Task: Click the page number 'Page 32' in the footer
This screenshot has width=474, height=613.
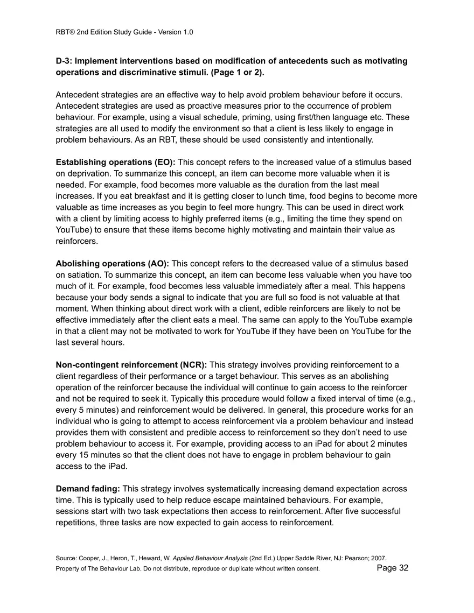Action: coord(392,568)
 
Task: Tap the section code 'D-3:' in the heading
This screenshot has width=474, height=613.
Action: coord(66,61)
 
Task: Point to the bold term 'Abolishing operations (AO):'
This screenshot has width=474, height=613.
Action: coord(112,264)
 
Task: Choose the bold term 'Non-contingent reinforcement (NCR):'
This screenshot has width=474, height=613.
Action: coord(131,365)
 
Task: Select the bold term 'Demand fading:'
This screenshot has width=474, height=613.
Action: coord(88,489)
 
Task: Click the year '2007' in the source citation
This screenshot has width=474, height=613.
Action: coord(378,558)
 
